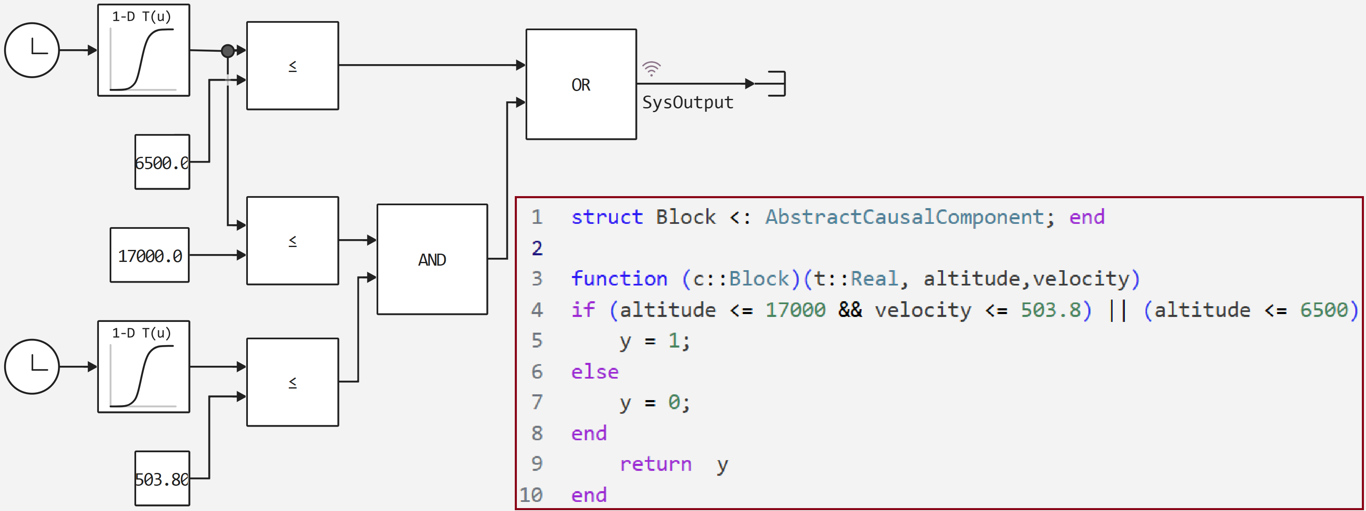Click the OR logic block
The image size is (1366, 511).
point(581,84)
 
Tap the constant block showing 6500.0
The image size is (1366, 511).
point(162,162)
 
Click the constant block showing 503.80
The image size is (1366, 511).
point(162,478)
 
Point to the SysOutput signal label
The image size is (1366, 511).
point(687,102)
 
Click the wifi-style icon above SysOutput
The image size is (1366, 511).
point(651,68)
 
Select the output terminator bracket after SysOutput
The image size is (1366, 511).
point(776,83)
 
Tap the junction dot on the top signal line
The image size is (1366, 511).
point(228,51)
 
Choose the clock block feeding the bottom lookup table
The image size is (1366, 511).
point(32,366)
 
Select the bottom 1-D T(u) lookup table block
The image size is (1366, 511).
point(143,366)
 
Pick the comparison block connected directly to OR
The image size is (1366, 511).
point(292,66)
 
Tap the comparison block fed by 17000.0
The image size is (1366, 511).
point(292,241)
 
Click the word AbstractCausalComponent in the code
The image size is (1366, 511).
point(904,217)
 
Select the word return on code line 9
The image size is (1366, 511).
point(655,464)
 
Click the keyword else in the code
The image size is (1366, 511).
point(594,372)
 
